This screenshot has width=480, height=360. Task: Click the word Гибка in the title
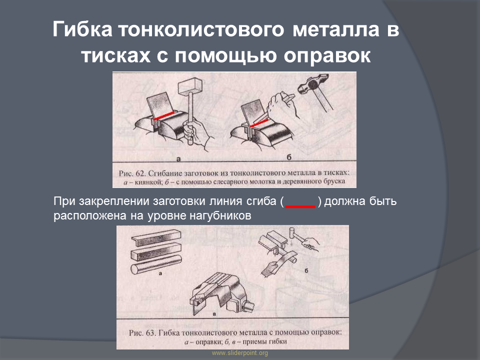click(82, 29)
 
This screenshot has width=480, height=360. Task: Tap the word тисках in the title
click(115, 55)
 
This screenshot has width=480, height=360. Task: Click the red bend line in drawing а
click(164, 115)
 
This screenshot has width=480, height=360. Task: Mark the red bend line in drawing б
click(259, 122)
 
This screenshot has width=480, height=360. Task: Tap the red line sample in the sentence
click(300, 207)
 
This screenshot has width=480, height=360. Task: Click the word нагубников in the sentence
click(220, 216)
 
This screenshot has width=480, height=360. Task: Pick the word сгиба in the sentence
click(261, 201)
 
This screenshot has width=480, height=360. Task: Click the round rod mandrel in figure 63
click(156, 264)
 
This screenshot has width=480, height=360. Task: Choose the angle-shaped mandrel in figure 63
click(156, 237)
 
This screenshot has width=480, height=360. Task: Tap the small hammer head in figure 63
click(292, 233)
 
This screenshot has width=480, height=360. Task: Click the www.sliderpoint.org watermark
click(239, 353)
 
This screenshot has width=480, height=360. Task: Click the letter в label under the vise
click(214, 314)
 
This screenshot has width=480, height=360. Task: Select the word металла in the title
click(336, 29)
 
